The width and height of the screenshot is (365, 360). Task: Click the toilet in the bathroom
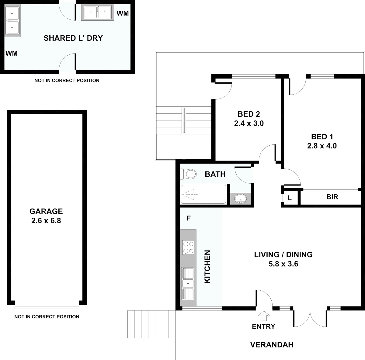[188, 174]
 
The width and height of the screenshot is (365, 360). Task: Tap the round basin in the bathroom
[241, 199]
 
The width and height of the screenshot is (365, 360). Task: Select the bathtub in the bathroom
[203, 194]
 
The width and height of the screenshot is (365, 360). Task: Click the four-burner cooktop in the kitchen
[188, 247]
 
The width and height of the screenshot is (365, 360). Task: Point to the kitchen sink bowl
[188, 283]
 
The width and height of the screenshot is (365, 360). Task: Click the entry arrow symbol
[264, 316]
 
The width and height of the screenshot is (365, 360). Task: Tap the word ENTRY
[263, 327]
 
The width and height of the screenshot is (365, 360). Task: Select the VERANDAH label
[272, 345]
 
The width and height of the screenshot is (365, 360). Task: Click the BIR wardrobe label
[332, 197]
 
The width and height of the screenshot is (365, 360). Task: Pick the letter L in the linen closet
[290, 198]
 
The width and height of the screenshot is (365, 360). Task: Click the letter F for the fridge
[189, 218]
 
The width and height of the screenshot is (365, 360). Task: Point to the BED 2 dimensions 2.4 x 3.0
[249, 123]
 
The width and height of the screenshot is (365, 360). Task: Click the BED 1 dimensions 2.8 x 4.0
[322, 146]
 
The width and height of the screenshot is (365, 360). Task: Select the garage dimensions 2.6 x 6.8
[46, 221]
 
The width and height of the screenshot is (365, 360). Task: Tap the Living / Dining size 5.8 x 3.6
[283, 264]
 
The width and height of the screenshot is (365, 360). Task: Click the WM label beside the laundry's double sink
[123, 13]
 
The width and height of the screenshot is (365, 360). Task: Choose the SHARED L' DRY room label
[73, 38]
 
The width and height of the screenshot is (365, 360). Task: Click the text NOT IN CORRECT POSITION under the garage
[47, 317]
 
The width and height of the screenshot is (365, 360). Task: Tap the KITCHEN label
[207, 267]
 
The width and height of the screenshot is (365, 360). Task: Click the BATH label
[215, 174]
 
